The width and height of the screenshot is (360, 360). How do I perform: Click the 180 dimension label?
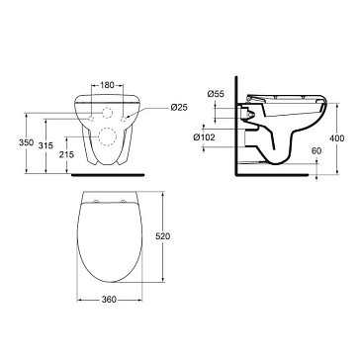[x=107, y=85]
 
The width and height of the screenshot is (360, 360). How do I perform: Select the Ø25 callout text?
[x=179, y=107]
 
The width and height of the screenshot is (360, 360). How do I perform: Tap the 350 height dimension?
[x=26, y=142]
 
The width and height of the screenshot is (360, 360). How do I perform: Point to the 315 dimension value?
[x=45, y=145]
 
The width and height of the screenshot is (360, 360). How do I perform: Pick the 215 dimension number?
[x=66, y=154]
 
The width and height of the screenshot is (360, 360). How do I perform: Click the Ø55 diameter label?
[x=216, y=94]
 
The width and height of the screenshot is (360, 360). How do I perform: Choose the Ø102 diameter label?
[x=205, y=137]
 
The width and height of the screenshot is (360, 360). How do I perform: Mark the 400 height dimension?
[x=337, y=138]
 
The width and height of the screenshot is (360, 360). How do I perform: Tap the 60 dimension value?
[x=316, y=151]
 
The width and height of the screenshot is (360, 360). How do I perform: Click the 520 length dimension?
[x=162, y=236]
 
